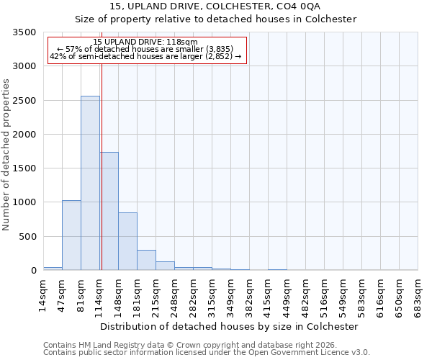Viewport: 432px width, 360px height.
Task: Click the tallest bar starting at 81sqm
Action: tap(90, 183)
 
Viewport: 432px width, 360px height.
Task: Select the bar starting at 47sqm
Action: tap(71, 235)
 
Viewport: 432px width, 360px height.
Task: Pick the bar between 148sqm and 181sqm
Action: tap(127, 241)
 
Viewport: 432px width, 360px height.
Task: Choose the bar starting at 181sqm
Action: tap(146, 260)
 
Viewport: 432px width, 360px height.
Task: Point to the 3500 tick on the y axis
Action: tap(24, 32)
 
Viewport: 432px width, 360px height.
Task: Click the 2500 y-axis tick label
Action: tap(24, 100)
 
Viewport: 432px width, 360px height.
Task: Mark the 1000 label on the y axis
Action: tap(24, 202)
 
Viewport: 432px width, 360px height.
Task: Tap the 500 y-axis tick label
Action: tap(27, 236)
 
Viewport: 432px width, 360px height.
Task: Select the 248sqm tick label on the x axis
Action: tap(174, 294)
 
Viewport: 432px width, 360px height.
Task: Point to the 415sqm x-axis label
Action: tap(268, 294)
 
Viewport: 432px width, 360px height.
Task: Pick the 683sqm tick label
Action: tap(418, 294)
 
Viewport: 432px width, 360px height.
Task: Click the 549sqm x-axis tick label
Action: tap(343, 294)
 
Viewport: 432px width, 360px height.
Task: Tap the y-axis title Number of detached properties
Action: tap(7, 151)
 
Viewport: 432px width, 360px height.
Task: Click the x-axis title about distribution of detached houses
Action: tap(230, 326)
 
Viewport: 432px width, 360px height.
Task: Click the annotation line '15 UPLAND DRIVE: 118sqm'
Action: tap(145, 42)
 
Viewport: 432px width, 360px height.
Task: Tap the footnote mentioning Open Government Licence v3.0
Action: tap(207, 353)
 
